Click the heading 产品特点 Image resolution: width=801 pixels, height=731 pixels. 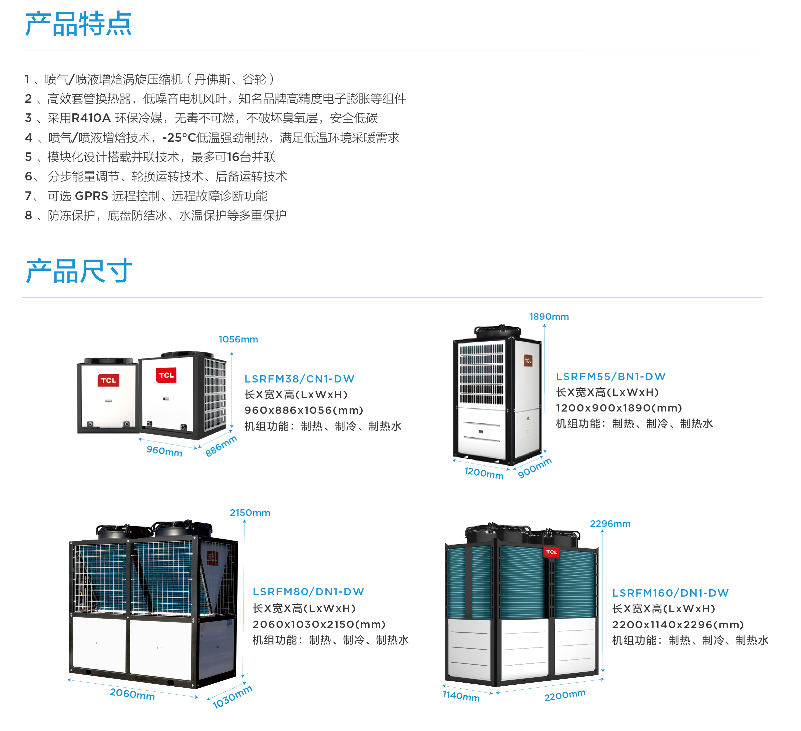tap(78, 24)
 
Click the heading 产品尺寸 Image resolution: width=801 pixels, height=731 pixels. tap(78, 271)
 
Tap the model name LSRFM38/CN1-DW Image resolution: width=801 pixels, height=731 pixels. tap(299, 379)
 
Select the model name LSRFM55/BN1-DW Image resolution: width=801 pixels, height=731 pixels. tap(611, 377)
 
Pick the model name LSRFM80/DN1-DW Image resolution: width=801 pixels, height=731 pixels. tap(308, 592)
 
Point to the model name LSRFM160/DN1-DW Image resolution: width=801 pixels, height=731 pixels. tap(670, 593)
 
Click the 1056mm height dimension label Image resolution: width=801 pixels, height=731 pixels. tap(239, 339)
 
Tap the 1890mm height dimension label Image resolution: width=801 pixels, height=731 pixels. tap(549, 317)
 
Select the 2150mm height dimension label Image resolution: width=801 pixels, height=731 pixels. tap(250, 513)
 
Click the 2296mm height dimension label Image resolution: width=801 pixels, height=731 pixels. tap(610, 524)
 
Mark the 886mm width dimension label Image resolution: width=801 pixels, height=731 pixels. tap(221, 446)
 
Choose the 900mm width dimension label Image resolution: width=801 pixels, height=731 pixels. tap(535, 468)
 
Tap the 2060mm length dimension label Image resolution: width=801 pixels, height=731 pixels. tap(132, 694)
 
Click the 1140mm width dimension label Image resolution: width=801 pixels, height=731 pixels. tap(461, 696)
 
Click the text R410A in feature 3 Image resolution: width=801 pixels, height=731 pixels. tap(91, 118)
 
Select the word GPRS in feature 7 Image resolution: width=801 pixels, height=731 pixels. tap(91, 196)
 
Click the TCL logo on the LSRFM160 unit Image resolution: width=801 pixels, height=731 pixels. tap(551, 552)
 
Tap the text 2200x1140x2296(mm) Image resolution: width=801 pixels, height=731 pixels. tap(678, 625)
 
